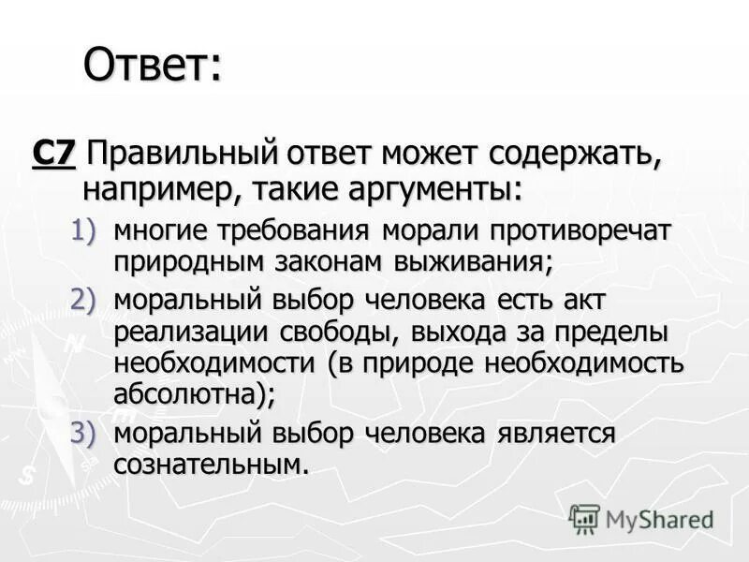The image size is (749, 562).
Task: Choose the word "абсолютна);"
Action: click(194, 394)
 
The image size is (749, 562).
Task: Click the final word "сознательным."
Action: click(211, 466)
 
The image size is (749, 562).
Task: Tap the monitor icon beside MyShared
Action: click(584, 518)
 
